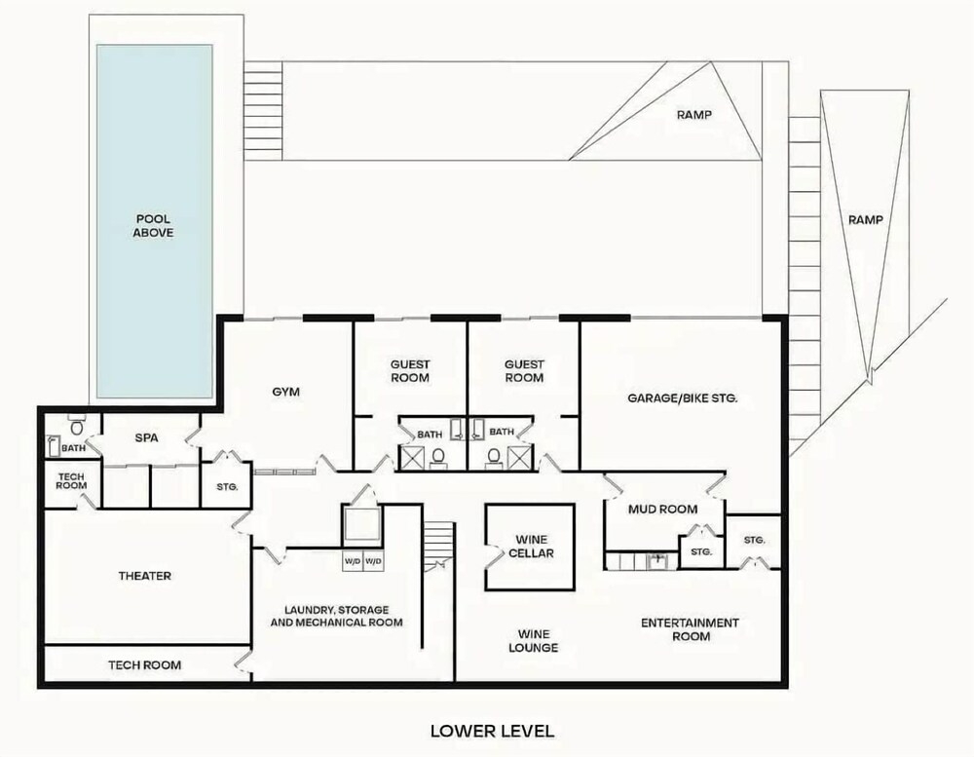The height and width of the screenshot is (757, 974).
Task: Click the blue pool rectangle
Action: point(155,221)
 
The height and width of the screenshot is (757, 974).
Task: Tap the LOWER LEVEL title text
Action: point(492,731)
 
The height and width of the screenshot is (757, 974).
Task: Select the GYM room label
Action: point(285,392)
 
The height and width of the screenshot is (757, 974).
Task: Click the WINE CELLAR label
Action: point(531,547)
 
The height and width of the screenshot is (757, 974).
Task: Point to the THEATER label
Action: point(145,576)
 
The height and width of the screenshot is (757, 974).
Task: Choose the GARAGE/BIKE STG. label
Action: point(683,398)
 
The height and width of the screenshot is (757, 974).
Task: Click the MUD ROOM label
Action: point(662,509)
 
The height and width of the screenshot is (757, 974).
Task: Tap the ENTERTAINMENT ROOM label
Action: point(691,629)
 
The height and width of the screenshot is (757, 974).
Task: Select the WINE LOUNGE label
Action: point(533,641)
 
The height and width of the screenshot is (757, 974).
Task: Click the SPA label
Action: point(147,437)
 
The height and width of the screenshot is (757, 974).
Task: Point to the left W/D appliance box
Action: point(353,561)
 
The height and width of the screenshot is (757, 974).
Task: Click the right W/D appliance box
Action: point(373,561)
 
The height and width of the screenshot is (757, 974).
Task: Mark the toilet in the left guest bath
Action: point(438,457)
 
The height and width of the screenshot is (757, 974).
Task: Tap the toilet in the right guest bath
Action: point(494,457)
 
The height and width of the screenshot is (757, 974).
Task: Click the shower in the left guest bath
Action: point(411,458)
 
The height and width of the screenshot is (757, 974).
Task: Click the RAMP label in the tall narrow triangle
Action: point(866,219)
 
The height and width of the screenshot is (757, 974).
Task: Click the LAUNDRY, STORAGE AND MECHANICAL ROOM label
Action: point(337,616)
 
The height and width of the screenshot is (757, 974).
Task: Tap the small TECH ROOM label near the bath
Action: point(71,481)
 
